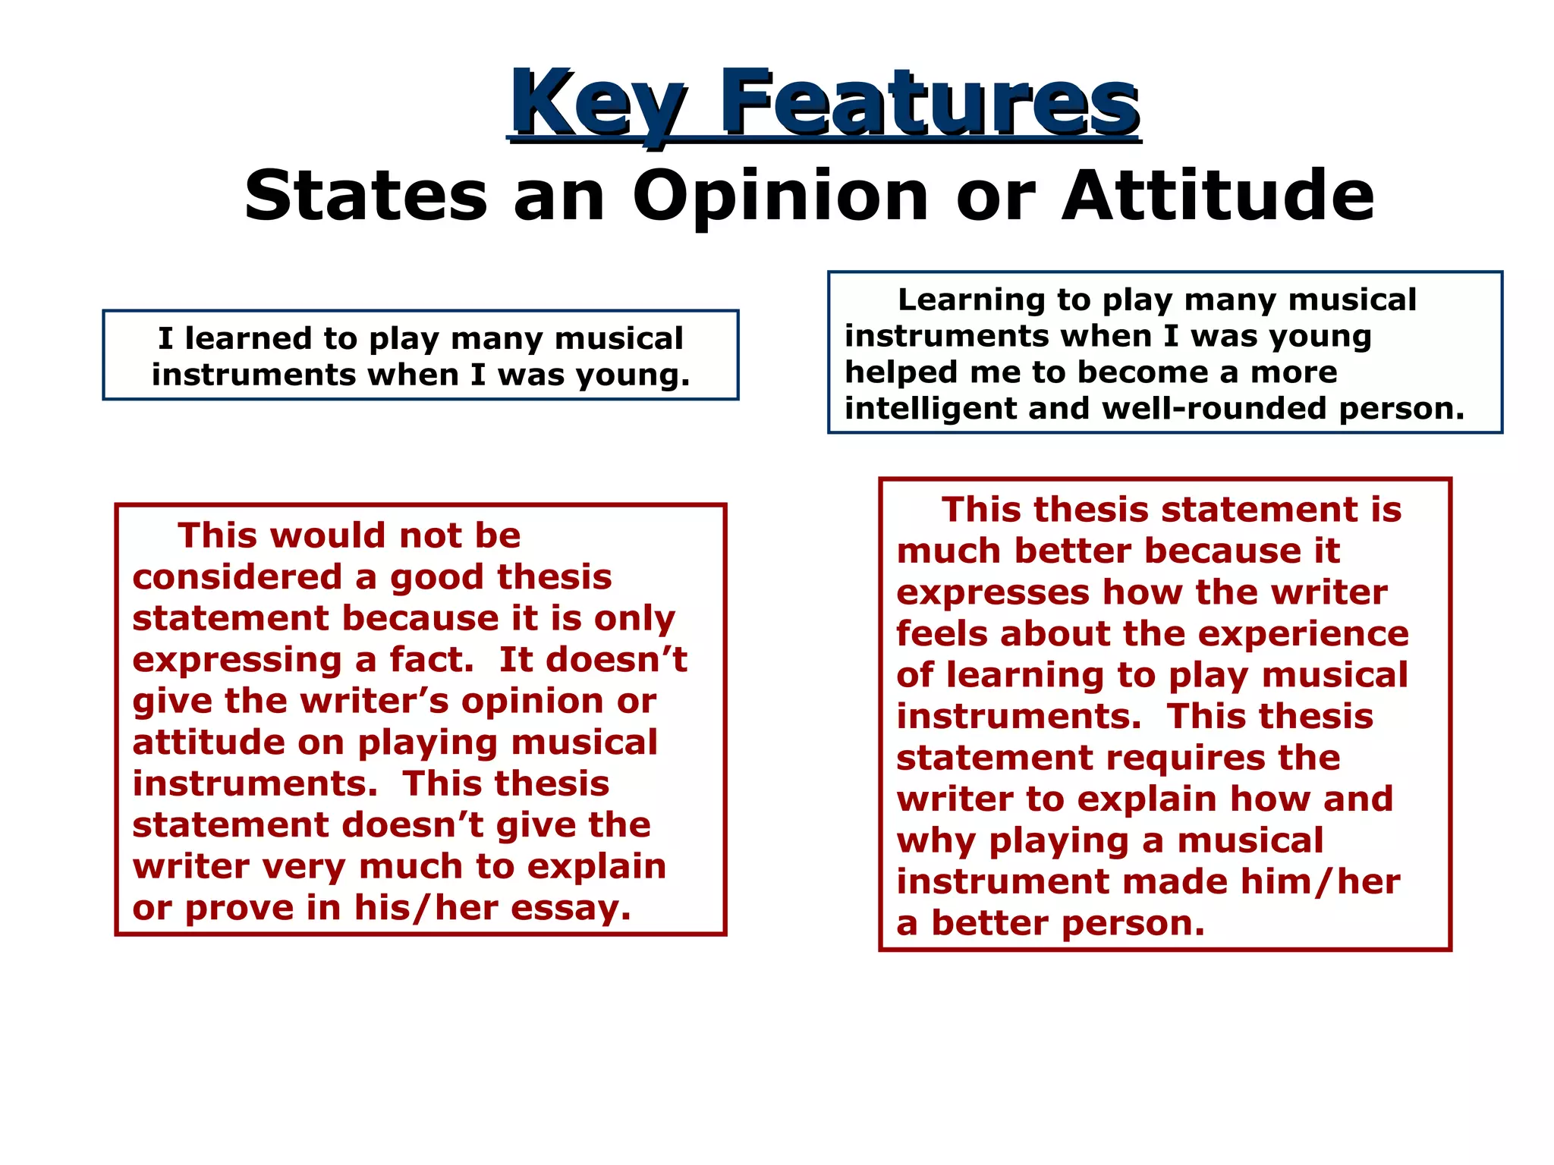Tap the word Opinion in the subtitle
(x=781, y=196)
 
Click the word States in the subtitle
(x=366, y=196)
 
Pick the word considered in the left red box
(x=237, y=577)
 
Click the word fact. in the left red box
(x=431, y=660)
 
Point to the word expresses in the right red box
(x=992, y=593)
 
